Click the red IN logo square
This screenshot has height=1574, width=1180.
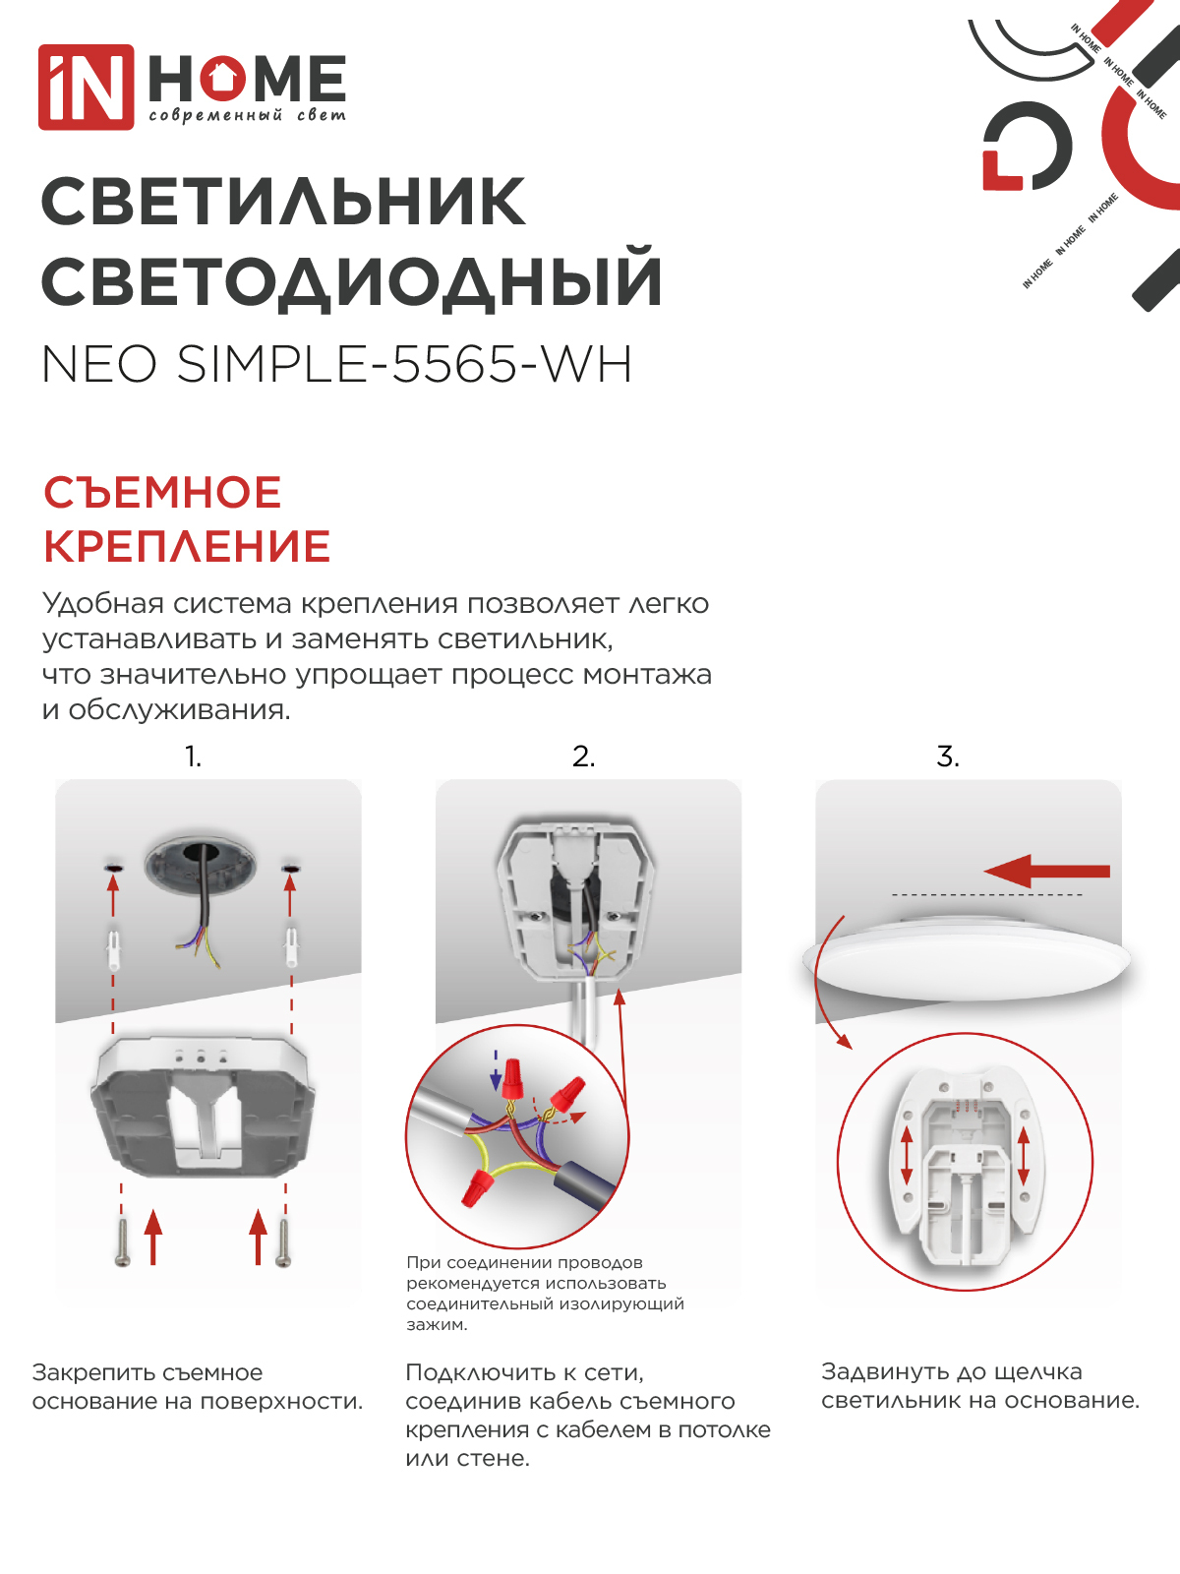pyautogui.click(x=86, y=87)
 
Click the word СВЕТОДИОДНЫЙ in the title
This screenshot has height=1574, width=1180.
pyautogui.click(x=351, y=281)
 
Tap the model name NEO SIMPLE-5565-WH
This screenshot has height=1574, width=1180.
pyautogui.click(x=336, y=365)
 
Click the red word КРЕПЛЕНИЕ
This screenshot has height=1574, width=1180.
pyautogui.click(x=187, y=547)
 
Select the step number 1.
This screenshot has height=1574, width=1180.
pyautogui.click(x=193, y=757)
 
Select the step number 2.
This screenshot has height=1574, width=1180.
pyautogui.click(x=583, y=757)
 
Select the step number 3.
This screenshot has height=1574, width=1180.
pyautogui.click(x=947, y=757)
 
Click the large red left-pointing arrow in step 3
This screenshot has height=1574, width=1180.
pyautogui.click(x=1046, y=871)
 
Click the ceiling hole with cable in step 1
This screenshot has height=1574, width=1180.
pyautogui.click(x=200, y=866)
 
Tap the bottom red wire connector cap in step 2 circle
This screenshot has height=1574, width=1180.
pyautogui.click(x=476, y=1188)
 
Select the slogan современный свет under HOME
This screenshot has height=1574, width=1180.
pyautogui.click(x=247, y=116)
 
